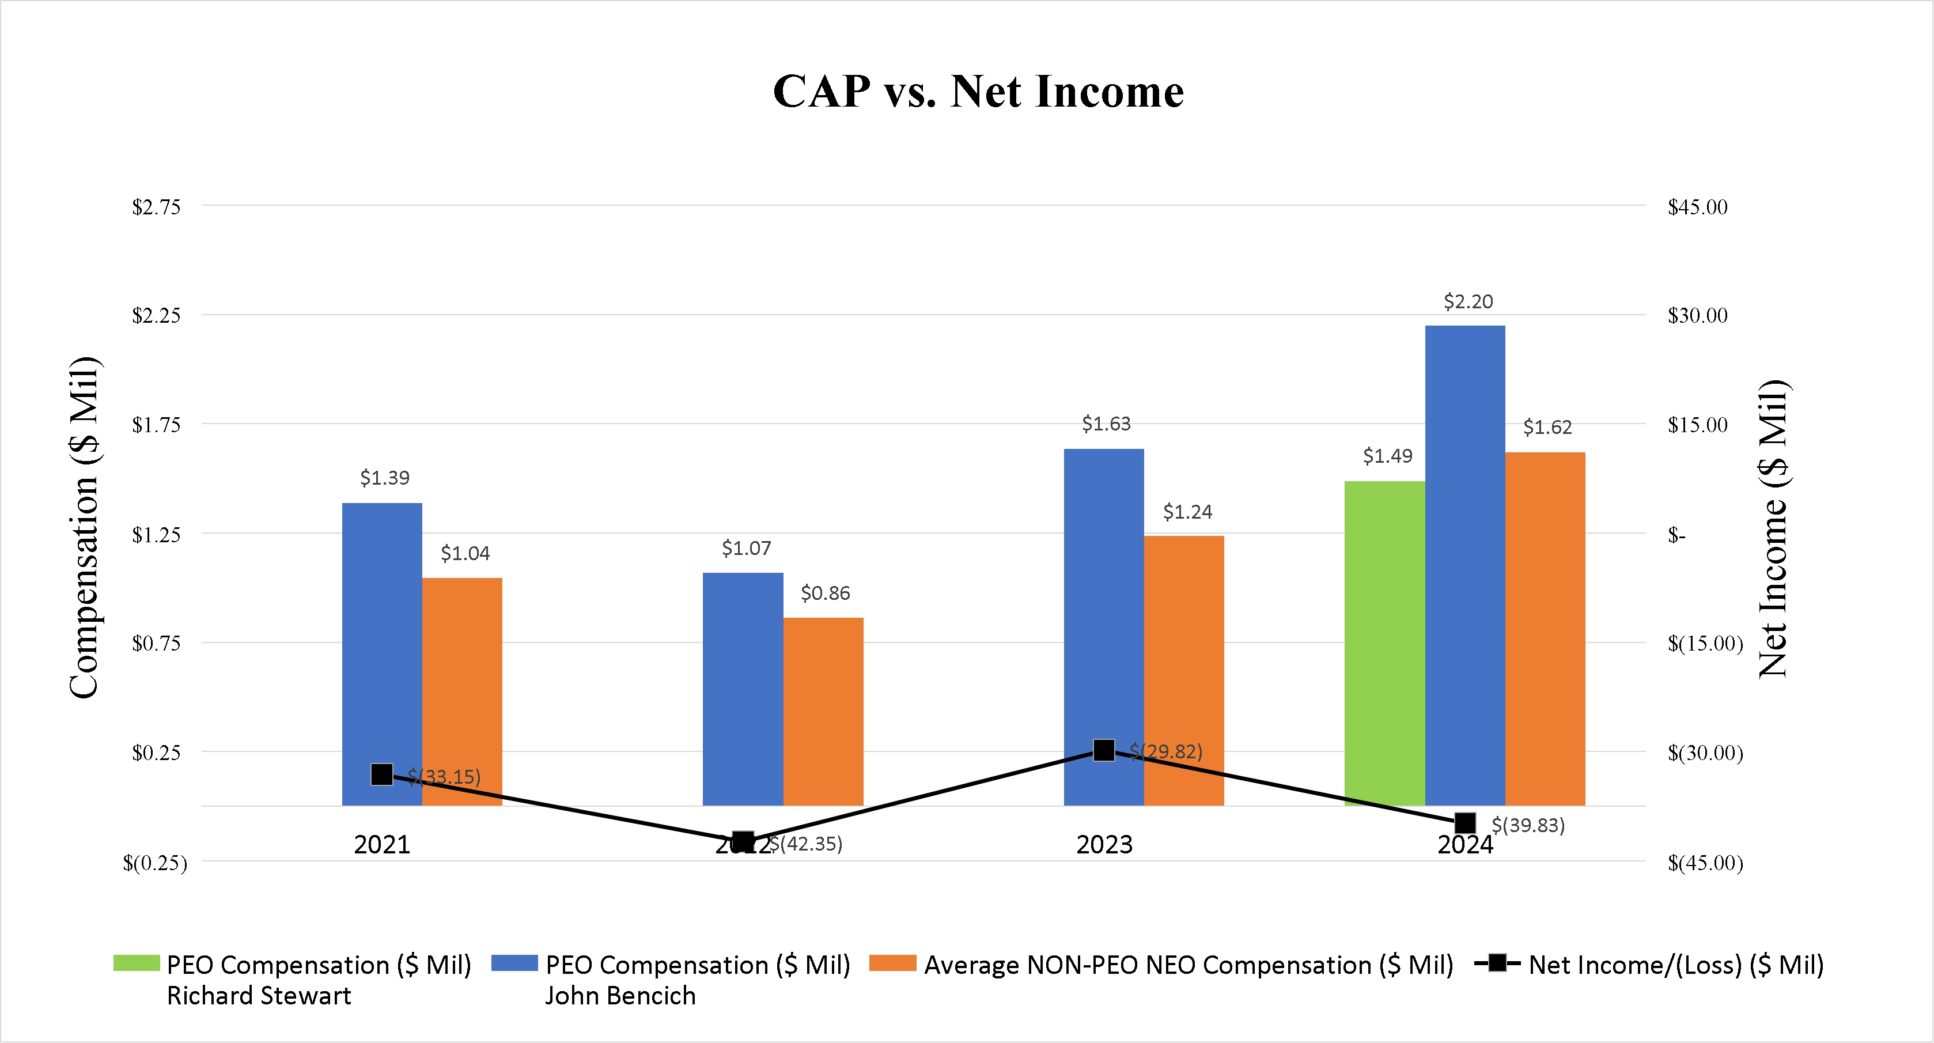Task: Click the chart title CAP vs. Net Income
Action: [978, 92]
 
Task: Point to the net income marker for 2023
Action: [1104, 750]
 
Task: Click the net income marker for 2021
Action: [382, 774]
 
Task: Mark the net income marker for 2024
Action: [1465, 823]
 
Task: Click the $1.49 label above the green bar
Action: [1387, 456]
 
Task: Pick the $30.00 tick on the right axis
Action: [1697, 315]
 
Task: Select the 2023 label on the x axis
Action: [1104, 845]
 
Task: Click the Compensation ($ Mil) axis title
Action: [84, 527]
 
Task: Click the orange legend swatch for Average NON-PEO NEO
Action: [892, 963]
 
